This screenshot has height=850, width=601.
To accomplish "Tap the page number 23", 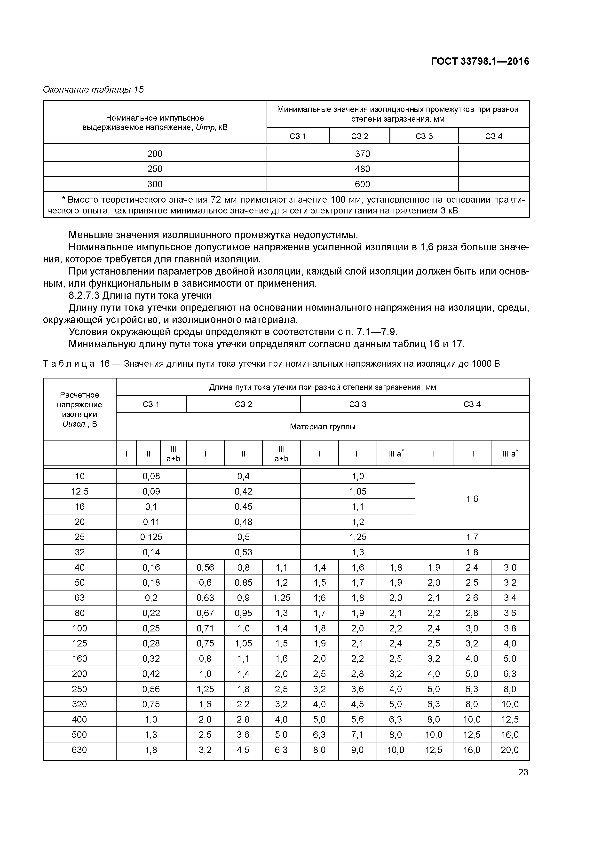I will (523, 772).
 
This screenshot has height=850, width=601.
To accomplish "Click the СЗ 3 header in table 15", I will (424, 136).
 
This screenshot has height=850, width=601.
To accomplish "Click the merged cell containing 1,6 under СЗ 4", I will (472, 499).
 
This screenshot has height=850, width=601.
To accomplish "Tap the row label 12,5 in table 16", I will (80, 491).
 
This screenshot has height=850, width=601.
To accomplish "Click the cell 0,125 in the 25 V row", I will (151, 537).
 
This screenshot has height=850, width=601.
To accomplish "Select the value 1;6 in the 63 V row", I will (319, 598).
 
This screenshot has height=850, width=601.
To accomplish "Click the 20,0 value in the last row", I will (510, 750).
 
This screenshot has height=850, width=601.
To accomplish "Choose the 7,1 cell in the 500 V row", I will (357, 734).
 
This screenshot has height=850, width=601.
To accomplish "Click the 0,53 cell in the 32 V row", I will (243, 552).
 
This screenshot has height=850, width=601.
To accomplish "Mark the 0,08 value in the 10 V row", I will (151, 476).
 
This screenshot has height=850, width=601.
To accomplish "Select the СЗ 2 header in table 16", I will (243, 404).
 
